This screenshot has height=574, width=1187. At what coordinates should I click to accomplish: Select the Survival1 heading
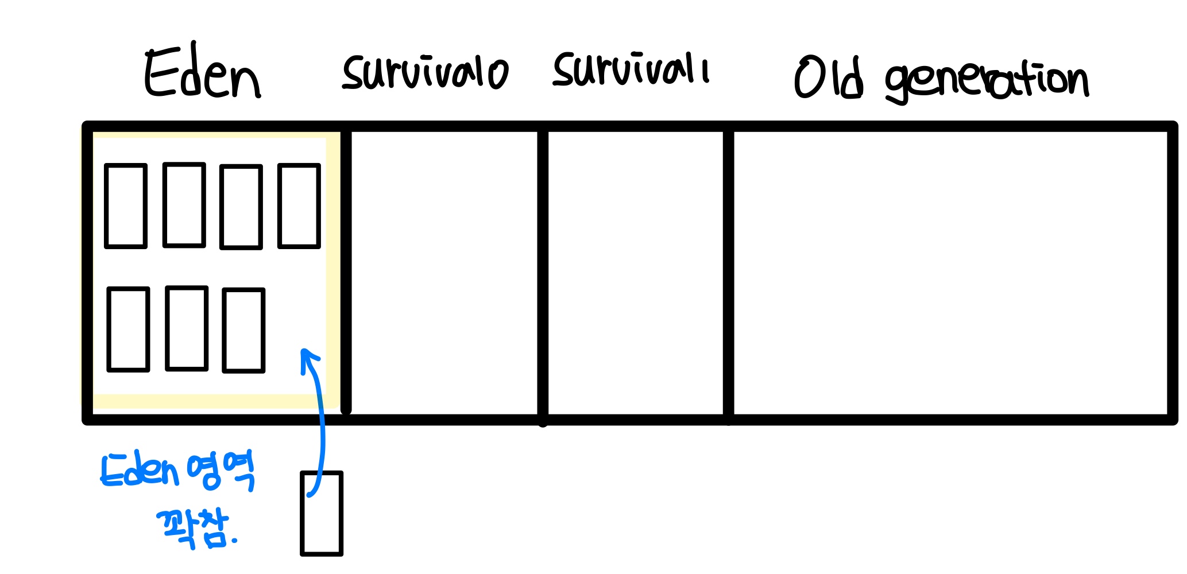click(x=631, y=69)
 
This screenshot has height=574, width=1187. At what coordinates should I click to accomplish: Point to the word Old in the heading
click(x=829, y=77)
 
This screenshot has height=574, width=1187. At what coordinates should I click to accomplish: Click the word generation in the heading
click(x=987, y=82)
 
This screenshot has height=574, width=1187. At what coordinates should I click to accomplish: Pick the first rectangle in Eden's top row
click(x=126, y=206)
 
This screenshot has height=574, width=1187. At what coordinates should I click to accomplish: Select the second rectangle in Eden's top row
click(x=184, y=205)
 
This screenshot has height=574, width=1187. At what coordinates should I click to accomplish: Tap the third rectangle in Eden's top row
click(x=241, y=207)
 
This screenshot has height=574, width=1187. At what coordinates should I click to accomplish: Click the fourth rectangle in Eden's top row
click(x=299, y=205)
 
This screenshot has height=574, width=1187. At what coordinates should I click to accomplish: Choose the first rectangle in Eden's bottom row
click(x=129, y=329)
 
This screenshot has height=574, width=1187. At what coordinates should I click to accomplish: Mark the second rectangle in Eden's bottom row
click(x=187, y=328)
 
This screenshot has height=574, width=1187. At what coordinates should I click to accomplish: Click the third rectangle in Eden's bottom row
click(x=243, y=330)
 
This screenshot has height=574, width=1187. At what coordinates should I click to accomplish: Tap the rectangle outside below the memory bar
click(x=322, y=514)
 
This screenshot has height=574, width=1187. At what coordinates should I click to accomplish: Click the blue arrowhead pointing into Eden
click(x=309, y=359)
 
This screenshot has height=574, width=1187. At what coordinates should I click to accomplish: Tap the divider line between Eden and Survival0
click(x=346, y=270)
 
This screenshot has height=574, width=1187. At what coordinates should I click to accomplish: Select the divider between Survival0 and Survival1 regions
click(x=543, y=276)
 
